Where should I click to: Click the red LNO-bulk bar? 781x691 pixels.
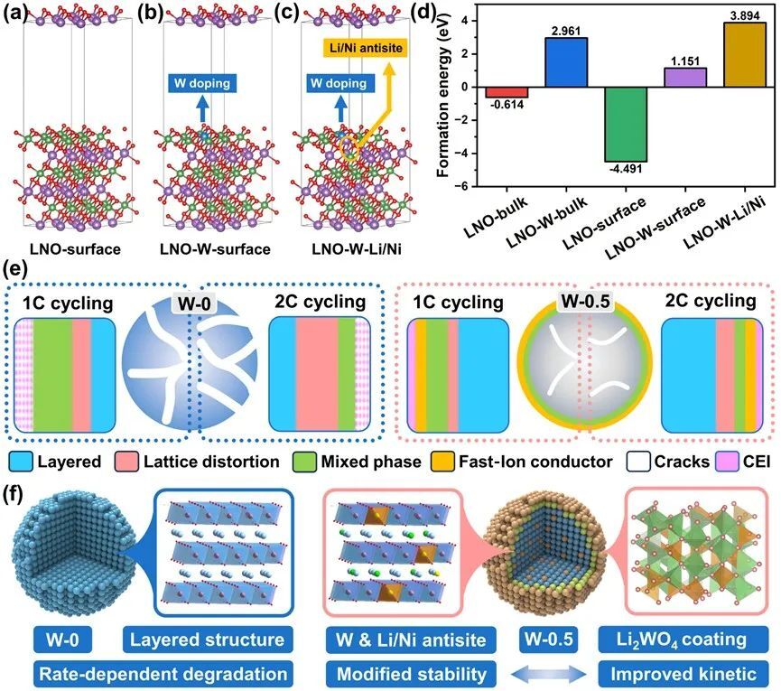[x=507, y=92]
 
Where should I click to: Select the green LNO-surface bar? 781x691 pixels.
[x=626, y=124]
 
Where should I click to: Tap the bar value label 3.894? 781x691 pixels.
[x=745, y=15]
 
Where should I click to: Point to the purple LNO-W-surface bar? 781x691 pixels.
[x=685, y=77]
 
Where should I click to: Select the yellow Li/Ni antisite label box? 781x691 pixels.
[x=366, y=48]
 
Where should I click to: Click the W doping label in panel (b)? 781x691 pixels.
[x=202, y=83]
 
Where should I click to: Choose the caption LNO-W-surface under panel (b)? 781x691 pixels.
[x=215, y=248]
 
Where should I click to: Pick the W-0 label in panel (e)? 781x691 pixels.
[x=194, y=303]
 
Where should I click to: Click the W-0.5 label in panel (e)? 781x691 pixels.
[x=585, y=302]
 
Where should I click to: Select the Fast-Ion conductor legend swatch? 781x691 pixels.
[x=442, y=462]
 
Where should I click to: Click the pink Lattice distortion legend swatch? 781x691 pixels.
[x=126, y=462]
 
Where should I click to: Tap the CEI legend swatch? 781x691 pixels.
[x=727, y=462]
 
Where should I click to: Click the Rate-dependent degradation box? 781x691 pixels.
[x=163, y=674]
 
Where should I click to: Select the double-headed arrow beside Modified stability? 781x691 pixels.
[x=548, y=675]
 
